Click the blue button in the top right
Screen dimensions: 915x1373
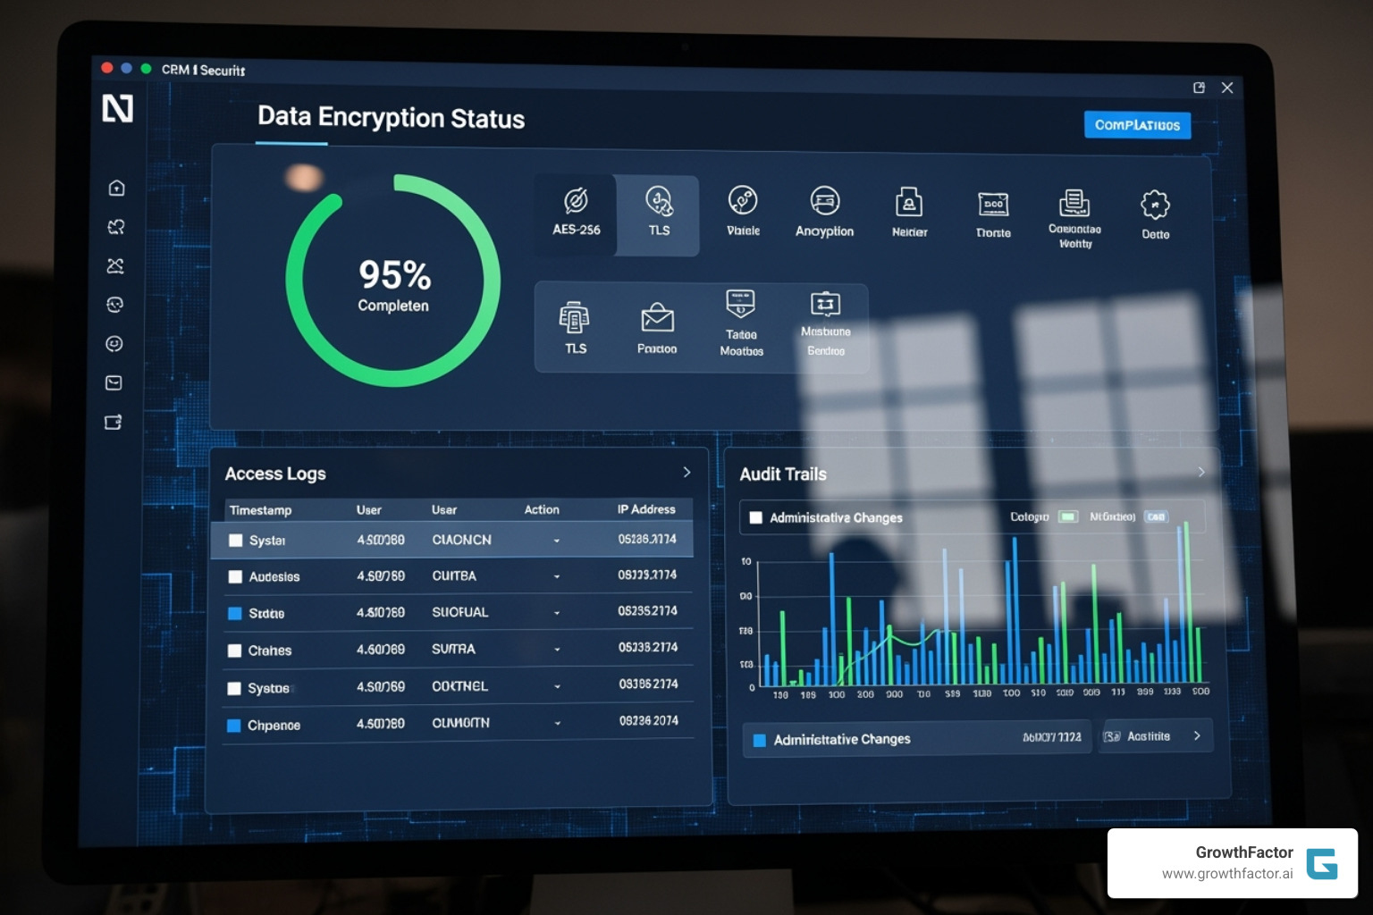[x=1136, y=125]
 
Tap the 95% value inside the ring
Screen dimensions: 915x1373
[x=394, y=275]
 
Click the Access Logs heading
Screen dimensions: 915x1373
[x=275, y=474]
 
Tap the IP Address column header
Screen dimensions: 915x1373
[x=646, y=509]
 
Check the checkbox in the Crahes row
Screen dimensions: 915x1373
[x=235, y=651]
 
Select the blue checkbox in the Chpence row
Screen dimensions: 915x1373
[x=234, y=726]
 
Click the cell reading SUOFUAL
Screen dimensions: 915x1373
[x=459, y=612]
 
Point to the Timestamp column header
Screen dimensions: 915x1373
[x=260, y=510]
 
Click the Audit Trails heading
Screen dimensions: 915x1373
[x=783, y=474]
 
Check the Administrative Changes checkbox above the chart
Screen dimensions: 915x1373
[x=756, y=517]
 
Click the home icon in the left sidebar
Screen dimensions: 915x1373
[x=116, y=188]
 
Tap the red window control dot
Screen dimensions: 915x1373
[x=107, y=68]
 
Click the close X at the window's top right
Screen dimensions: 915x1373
[x=1227, y=88]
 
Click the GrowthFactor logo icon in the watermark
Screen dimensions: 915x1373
[x=1321, y=864]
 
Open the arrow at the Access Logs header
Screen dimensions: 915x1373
[x=686, y=472]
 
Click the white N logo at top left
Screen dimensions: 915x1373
[x=117, y=108]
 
